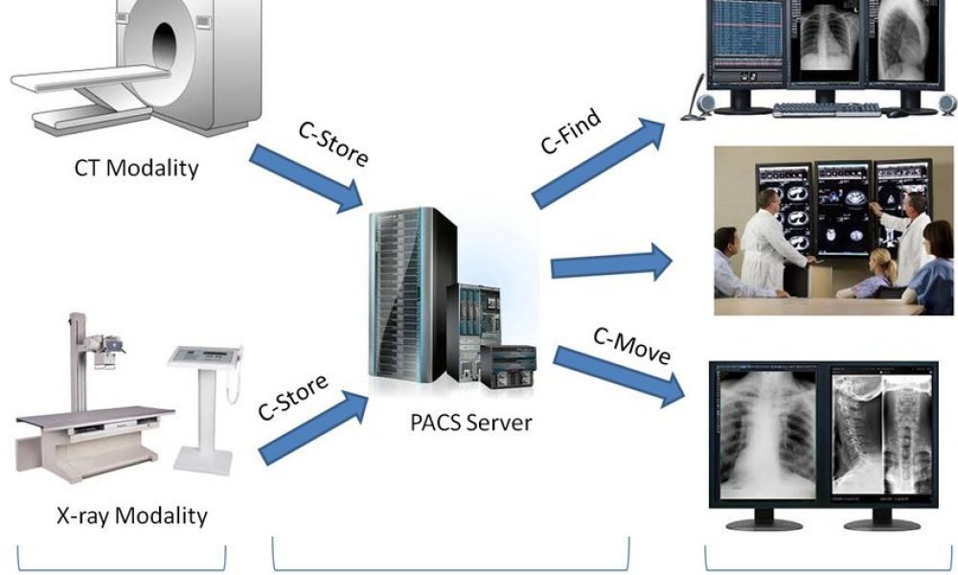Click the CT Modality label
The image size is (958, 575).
(136, 168)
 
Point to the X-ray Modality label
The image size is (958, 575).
(130, 516)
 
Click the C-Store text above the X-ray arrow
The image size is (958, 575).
(293, 397)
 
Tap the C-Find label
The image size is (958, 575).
(571, 131)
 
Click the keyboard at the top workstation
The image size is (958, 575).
(826, 109)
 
